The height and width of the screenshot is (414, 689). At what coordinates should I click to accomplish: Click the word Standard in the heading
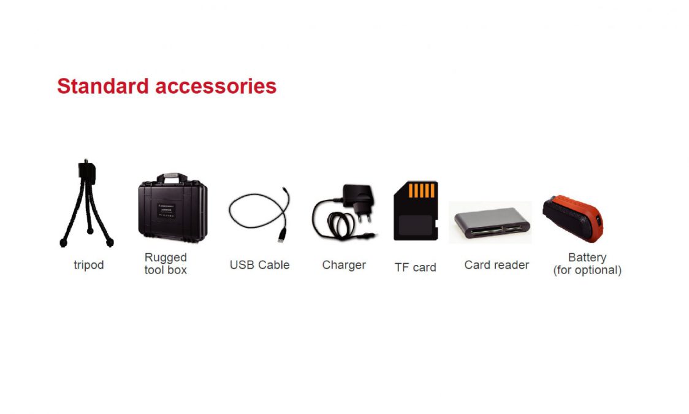(103, 86)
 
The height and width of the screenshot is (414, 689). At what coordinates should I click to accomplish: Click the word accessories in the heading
(216, 86)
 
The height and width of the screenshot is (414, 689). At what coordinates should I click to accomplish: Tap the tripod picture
(86, 204)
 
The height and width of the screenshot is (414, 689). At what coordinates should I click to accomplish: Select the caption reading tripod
(89, 266)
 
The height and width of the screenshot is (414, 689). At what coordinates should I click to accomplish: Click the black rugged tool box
(173, 208)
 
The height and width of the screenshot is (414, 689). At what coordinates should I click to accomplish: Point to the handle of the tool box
(172, 177)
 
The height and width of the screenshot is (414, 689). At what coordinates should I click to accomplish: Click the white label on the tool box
(167, 210)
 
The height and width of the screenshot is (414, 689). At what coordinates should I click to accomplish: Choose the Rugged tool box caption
(166, 263)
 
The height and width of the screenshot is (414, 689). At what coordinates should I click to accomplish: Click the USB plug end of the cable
(281, 235)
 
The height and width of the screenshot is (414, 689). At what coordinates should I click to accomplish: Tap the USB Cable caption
(260, 265)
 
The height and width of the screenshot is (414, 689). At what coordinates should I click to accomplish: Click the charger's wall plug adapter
(358, 201)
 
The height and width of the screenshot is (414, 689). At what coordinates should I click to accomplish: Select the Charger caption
(344, 265)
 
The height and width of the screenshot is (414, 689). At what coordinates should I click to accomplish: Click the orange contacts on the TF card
(421, 190)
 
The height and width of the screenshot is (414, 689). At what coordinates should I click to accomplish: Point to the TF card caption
(415, 267)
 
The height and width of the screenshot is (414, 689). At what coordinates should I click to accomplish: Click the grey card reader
(492, 223)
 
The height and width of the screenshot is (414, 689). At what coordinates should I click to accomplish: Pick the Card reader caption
(497, 265)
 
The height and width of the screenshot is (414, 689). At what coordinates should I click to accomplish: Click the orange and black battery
(573, 218)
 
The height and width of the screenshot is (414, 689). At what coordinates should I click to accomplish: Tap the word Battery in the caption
(587, 257)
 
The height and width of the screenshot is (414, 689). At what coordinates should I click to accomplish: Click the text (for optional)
(587, 270)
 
